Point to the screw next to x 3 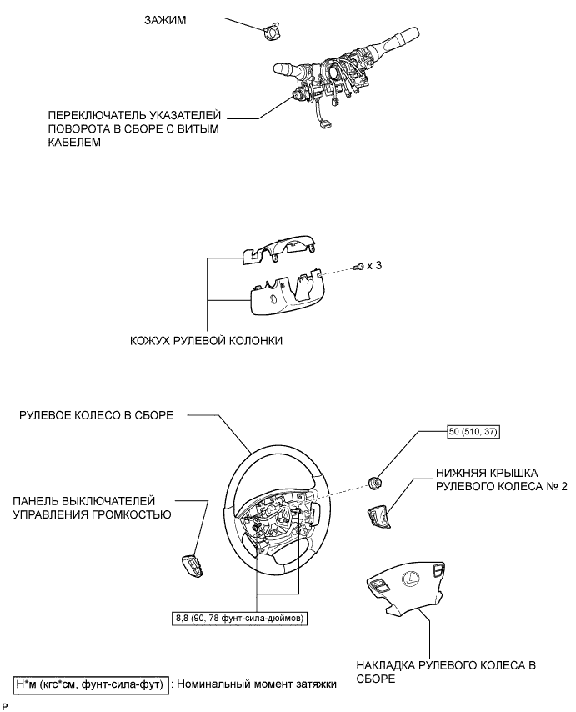coord(358,267)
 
